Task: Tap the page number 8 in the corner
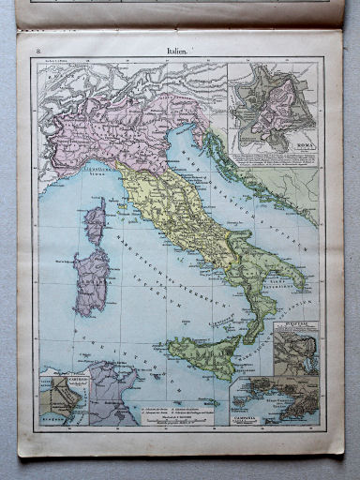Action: (36, 50)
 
